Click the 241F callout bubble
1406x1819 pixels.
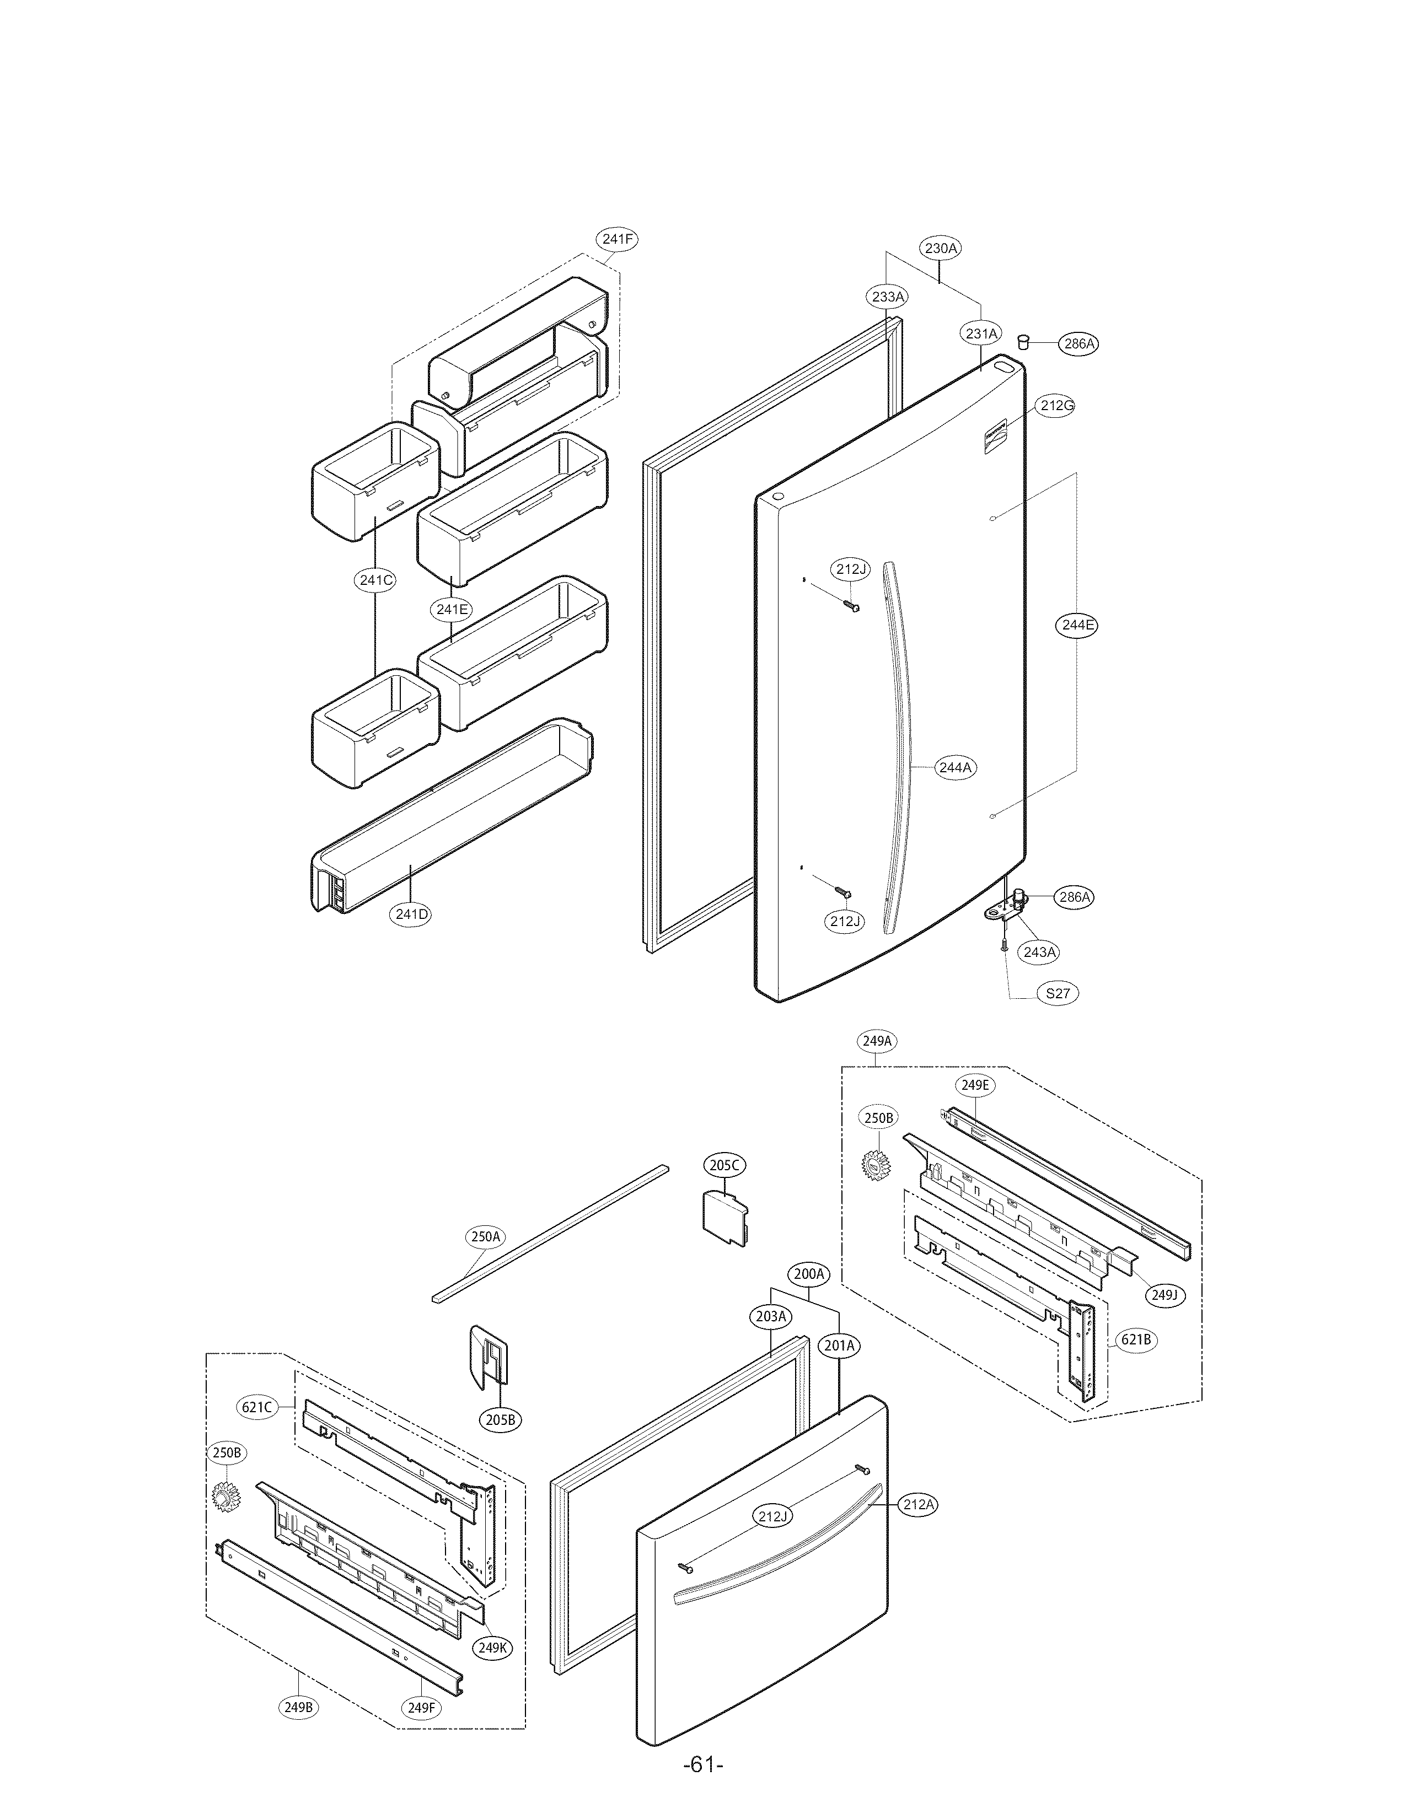(616, 239)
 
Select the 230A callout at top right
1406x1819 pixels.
(941, 248)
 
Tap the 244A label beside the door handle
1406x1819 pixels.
(954, 768)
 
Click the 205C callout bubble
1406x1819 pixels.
(724, 1165)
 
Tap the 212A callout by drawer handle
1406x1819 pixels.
(919, 1504)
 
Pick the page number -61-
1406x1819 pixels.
(702, 1788)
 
